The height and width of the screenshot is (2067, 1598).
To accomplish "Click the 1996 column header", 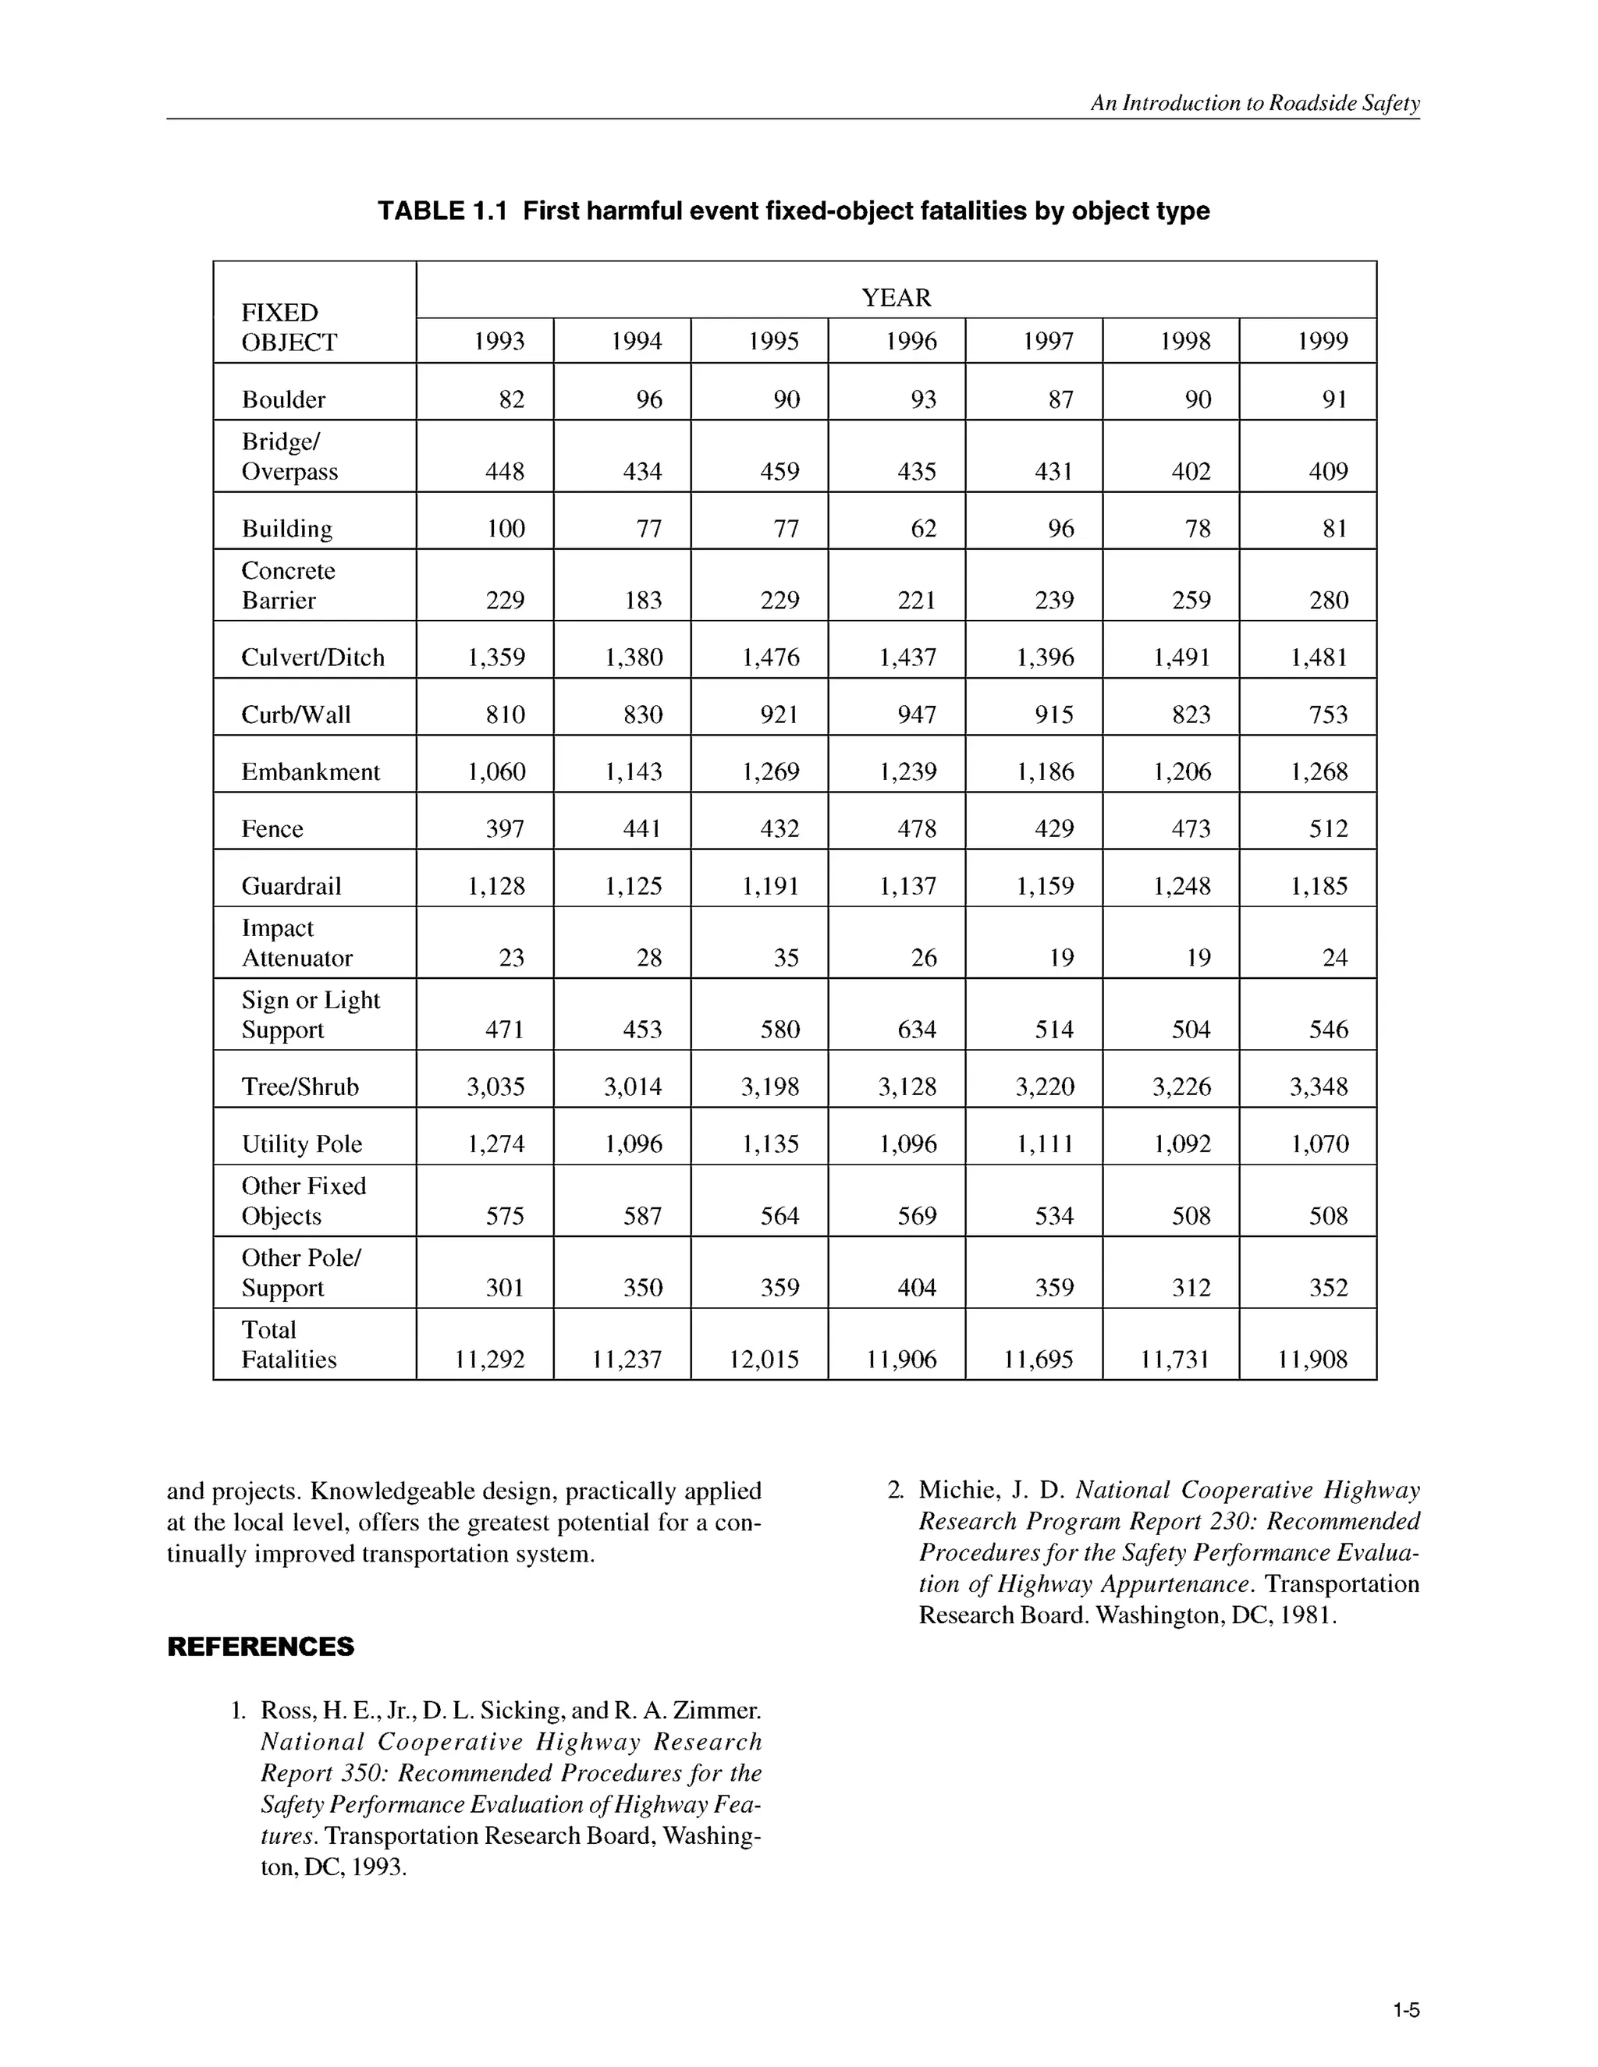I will click(911, 342).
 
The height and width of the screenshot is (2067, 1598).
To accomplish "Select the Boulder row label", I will click(283, 399).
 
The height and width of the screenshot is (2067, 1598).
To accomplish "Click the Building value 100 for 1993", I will click(506, 528).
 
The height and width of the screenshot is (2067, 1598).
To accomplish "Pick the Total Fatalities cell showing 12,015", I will click(764, 1360).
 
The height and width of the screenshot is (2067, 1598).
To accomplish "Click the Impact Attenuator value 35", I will click(786, 958).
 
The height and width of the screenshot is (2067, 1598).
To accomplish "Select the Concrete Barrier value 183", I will click(643, 600).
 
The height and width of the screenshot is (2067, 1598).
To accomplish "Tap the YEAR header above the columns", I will click(896, 298).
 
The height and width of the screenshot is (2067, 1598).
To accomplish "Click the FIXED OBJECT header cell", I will click(289, 328).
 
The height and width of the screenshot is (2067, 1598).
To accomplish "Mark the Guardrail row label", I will click(290, 886).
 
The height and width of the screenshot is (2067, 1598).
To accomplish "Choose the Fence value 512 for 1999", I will click(1328, 829).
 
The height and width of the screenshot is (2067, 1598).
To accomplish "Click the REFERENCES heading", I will click(261, 1647).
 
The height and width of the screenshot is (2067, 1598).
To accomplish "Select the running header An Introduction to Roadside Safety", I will click(1255, 103).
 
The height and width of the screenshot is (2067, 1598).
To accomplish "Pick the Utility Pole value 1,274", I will click(496, 1144).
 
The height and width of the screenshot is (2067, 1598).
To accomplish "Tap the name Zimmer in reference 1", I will click(715, 1711).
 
